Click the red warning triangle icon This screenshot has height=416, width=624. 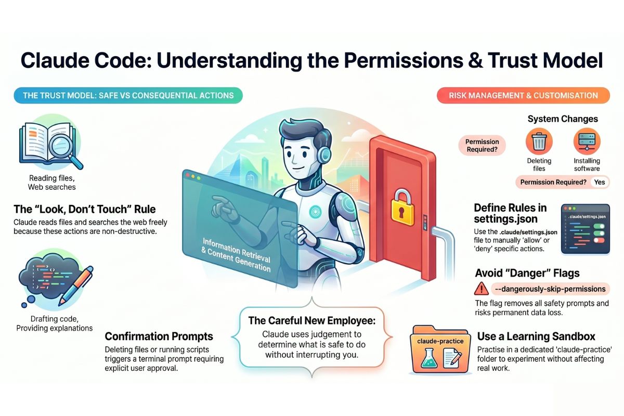tap(482, 289)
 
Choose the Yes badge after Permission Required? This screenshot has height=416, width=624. tap(600, 182)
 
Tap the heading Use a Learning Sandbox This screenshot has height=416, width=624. tap(536, 336)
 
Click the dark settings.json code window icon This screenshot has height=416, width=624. tap(586, 229)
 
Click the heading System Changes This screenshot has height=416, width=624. tap(563, 119)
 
